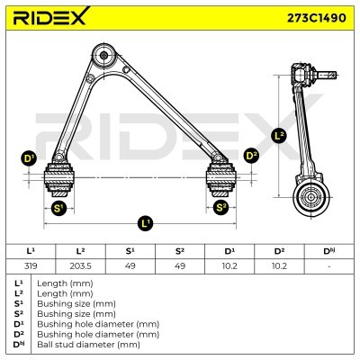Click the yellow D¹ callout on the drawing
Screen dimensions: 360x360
(29, 159)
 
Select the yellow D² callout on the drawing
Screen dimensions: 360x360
(251, 157)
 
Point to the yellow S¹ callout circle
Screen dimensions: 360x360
(59, 209)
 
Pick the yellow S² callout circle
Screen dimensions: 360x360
(221, 209)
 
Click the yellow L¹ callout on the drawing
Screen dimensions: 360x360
(146, 222)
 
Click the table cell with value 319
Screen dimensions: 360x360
(31, 266)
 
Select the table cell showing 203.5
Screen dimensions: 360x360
(81, 266)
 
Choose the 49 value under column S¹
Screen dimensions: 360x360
(130, 266)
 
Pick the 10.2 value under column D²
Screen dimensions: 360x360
(279, 266)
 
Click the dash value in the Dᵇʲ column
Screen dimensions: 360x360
(328, 266)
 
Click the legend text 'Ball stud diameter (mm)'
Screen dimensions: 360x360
(90, 344)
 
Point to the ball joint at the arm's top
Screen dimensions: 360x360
(106, 56)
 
